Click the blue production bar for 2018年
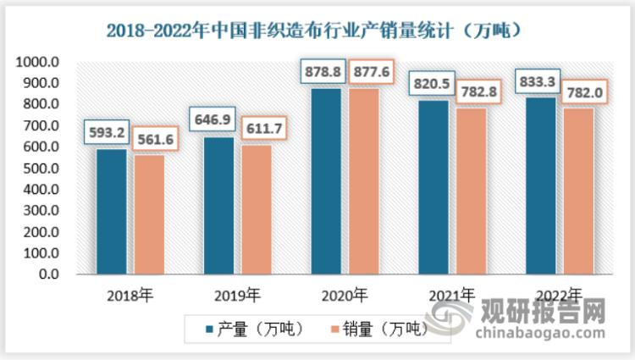(111, 212)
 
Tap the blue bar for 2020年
(326, 181)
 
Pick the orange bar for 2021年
(472, 191)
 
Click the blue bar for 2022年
(541, 186)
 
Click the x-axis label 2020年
(345, 296)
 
